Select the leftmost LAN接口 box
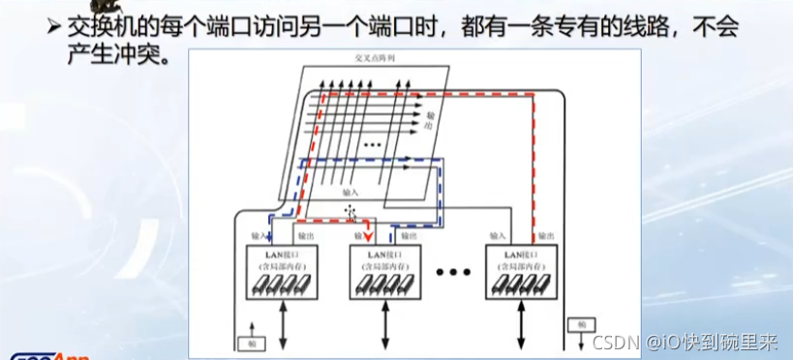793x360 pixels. click(279, 271)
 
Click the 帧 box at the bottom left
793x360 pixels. click(253, 344)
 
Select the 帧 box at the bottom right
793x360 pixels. click(579, 325)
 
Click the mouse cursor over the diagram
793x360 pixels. click(351, 213)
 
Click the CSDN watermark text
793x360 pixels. click(614, 342)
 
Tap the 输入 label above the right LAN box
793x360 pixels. click(499, 235)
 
